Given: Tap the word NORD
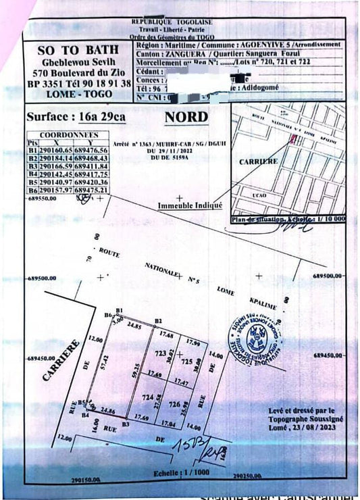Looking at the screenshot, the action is (186, 116).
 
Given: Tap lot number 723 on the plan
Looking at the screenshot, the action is (160, 354).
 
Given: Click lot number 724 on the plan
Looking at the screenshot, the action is (143, 400).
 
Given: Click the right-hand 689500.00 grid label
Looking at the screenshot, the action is (330, 276).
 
